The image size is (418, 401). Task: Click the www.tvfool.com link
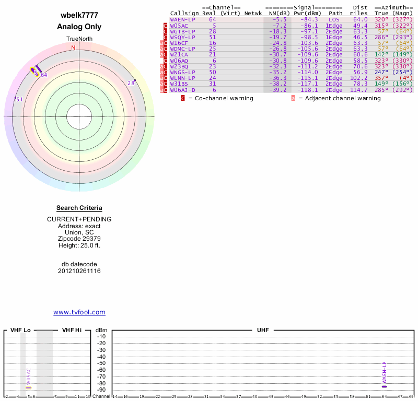click(79, 312)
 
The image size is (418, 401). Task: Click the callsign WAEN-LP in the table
click(182, 19)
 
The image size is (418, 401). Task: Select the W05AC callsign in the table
click(179, 25)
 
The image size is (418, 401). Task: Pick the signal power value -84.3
click(307, 19)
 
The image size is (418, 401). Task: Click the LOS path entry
click(334, 19)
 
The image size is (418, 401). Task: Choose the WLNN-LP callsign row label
click(182, 78)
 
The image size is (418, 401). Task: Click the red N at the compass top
click(73, 48)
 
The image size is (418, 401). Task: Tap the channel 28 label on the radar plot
click(131, 84)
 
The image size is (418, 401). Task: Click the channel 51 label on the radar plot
click(20, 100)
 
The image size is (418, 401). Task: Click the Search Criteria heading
click(79, 208)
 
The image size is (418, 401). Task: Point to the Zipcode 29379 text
click(79, 239)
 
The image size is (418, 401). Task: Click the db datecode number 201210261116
click(79, 271)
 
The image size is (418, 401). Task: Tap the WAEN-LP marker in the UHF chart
click(384, 386)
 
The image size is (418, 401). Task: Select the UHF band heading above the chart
click(262, 331)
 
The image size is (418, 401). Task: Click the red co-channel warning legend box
click(183, 98)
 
